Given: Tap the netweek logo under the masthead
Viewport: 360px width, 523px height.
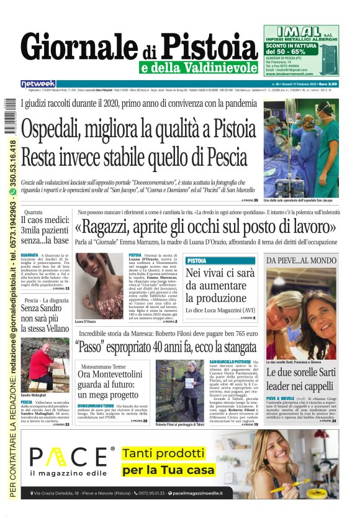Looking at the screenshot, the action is [38, 83].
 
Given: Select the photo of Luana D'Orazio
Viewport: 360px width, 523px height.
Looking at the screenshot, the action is [101, 285].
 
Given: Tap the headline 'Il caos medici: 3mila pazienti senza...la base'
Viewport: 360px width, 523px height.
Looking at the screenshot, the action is [45, 230].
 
